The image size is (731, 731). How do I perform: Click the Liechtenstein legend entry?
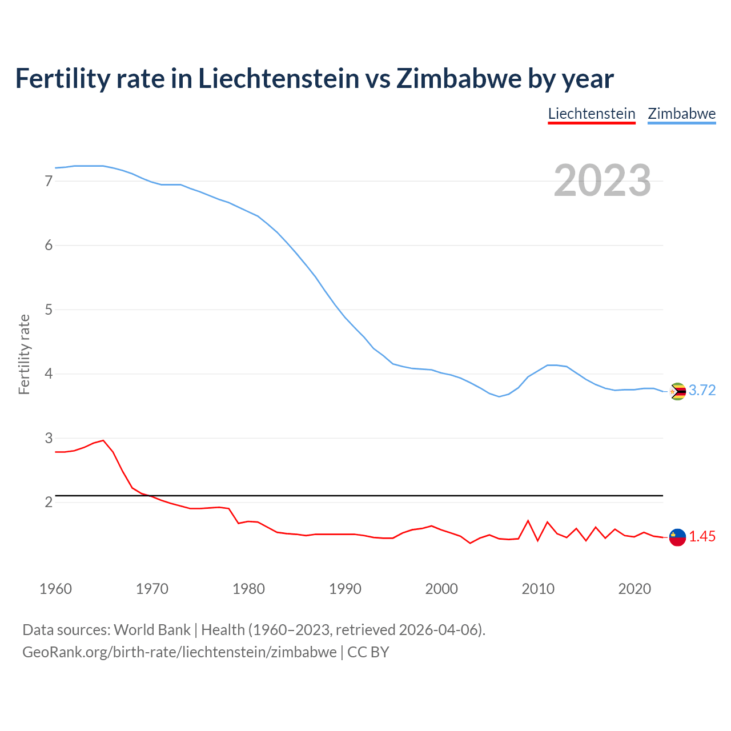coord(592,114)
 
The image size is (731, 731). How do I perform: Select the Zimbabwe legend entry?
coord(681,114)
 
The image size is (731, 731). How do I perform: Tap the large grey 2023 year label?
coord(603,180)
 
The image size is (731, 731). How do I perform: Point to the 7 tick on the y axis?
coord(49,181)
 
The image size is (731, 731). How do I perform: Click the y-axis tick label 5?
coord(49,310)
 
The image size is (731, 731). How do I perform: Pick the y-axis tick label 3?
coord(49,438)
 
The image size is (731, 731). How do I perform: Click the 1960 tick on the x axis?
coord(55,589)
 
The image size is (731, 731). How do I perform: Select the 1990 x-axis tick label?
coord(345,589)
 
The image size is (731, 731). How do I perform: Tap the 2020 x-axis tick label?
coord(634,589)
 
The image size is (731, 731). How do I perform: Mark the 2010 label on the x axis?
coord(538,589)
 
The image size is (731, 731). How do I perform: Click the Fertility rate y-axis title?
coord(24,354)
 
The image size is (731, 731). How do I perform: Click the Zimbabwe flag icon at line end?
coord(677,391)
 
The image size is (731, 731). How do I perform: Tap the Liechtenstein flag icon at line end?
coord(677,537)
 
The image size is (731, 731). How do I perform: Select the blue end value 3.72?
coord(702,391)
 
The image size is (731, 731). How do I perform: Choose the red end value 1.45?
coord(702,537)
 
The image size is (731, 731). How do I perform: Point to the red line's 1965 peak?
coord(103,440)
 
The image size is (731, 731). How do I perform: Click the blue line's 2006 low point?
coord(499,396)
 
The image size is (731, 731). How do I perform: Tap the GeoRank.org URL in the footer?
coord(179,652)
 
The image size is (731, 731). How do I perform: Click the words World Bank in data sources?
coord(152,630)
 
